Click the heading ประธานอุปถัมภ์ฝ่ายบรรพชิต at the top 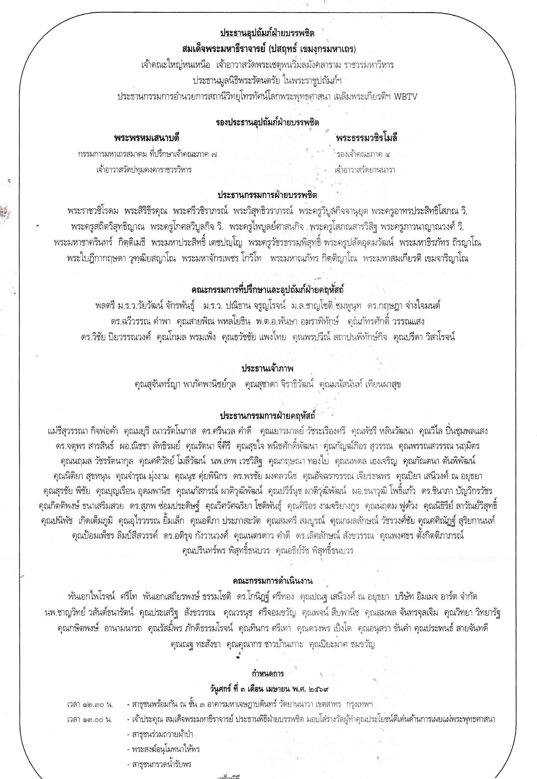pos(267,33)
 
